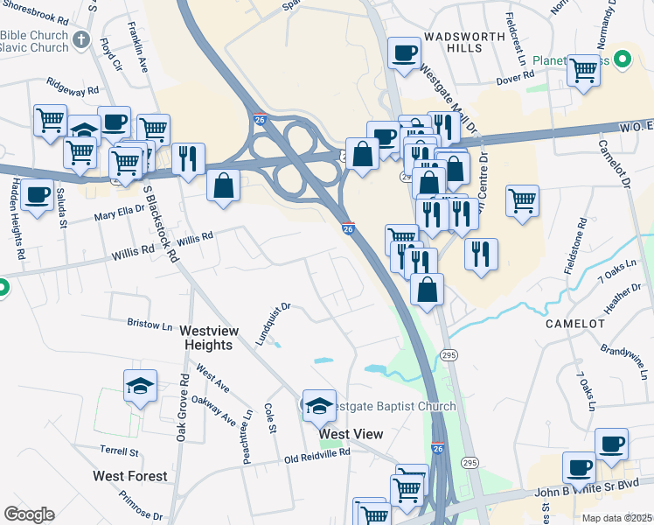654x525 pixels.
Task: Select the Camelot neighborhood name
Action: (x=575, y=324)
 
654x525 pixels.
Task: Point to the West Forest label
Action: (x=130, y=476)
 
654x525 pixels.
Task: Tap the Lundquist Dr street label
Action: (x=273, y=325)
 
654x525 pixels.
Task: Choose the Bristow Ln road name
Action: (x=150, y=324)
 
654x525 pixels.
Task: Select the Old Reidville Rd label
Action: (x=317, y=455)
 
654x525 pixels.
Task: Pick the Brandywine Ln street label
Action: (x=625, y=360)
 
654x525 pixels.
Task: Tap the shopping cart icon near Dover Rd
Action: (x=583, y=71)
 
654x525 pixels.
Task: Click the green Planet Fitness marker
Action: (x=623, y=60)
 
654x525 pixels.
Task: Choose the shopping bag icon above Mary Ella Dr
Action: (x=224, y=185)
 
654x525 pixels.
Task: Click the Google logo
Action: (x=29, y=514)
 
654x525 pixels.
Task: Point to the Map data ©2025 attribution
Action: (x=616, y=518)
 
